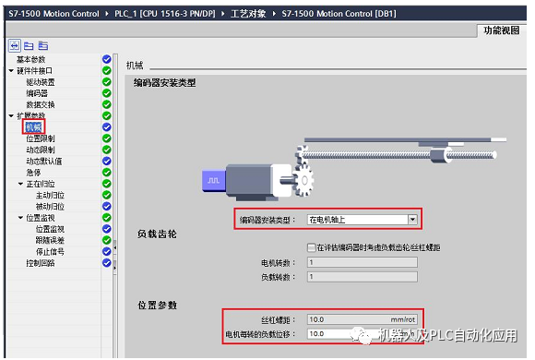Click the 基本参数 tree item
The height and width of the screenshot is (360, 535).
click(32, 59)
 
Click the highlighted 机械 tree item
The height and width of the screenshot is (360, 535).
click(33, 126)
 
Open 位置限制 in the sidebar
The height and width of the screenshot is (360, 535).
click(42, 138)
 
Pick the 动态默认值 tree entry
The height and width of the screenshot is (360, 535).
click(45, 161)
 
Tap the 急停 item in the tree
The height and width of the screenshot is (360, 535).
click(33, 172)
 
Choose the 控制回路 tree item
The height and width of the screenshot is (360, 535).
click(42, 262)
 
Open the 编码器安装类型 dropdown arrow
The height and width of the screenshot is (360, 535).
click(412, 220)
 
